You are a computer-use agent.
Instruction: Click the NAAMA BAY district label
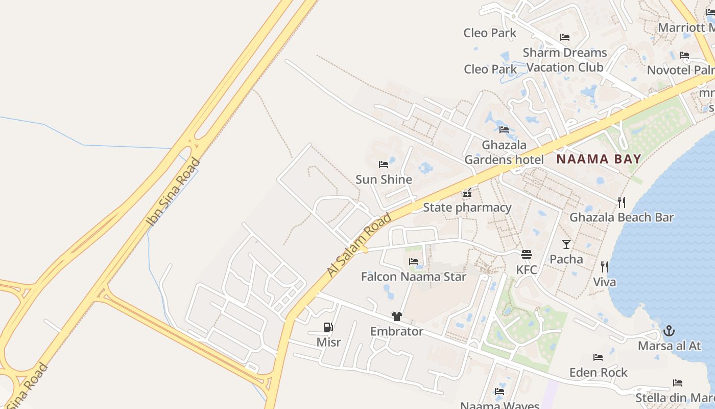[x=598, y=159]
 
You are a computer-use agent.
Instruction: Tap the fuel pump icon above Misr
[x=328, y=327]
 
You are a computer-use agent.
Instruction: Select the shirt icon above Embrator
[x=397, y=316]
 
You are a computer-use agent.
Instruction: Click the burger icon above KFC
[x=527, y=254]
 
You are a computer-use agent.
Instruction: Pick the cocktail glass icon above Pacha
[x=566, y=244]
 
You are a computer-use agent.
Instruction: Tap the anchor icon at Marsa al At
[x=669, y=331]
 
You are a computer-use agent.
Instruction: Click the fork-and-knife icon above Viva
[x=605, y=266]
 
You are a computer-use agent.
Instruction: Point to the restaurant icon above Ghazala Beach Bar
[x=621, y=202]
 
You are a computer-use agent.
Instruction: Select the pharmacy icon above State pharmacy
[x=467, y=193]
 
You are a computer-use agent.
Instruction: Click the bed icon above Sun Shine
[x=384, y=165]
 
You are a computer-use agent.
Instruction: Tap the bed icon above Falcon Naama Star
[x=414, y=262]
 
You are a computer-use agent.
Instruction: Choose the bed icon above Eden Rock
[x=598, y=357]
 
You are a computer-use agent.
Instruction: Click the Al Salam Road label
[x=360, y=245]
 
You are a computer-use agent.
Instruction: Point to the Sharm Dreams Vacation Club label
[x=565, y=60]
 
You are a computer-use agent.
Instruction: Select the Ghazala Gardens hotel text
[x=504, y=152]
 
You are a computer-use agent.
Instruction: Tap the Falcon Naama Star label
[x=414, y=277]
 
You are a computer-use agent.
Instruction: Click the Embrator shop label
[x=397, y=331]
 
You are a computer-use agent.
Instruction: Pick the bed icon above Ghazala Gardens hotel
[x=504, y=129]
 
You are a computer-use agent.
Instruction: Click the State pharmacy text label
[x=467, y=208]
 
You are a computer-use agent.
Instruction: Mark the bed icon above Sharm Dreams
[x=565, y=37]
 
